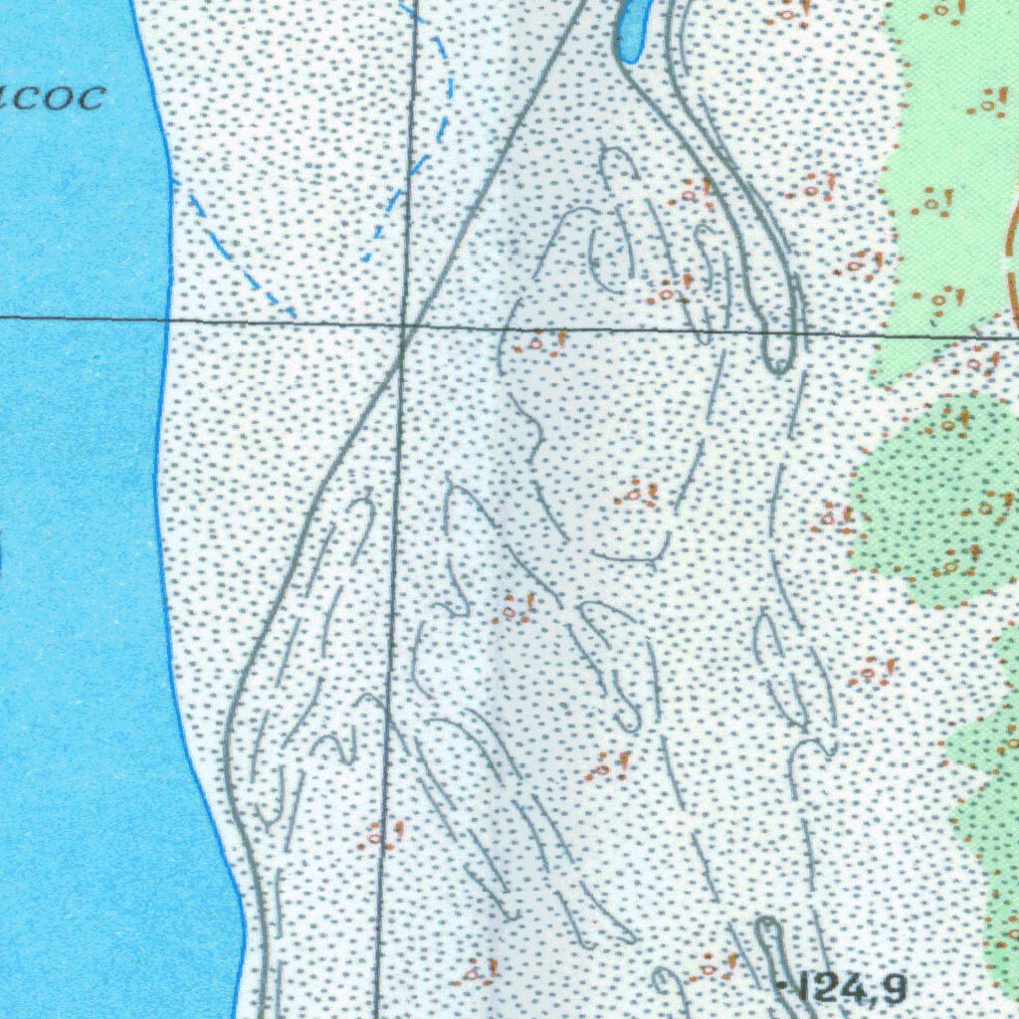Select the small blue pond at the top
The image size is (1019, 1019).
(633, 28)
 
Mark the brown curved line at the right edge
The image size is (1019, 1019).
(1012, 259)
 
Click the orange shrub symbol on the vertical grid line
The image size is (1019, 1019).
(381, 834)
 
